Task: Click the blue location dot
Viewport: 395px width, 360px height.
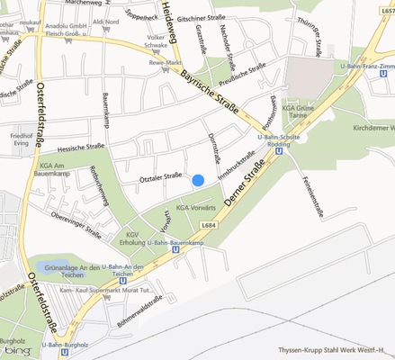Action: click(198, 180)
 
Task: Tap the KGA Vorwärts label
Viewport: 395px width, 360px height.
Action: click(196, 209)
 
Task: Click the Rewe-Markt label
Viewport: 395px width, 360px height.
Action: click(166, 62)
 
